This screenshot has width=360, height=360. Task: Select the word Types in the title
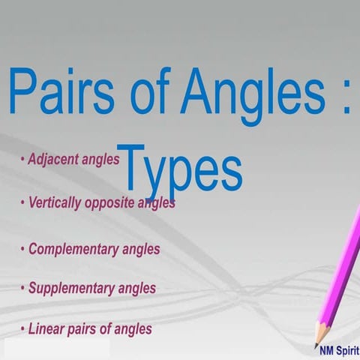click(180, 169)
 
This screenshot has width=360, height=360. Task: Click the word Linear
click(46, 328)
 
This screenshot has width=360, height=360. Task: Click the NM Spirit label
click(334, 349)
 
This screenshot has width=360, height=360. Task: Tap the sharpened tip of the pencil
click(316, 344)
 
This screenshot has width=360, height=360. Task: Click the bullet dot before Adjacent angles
click(23, 160)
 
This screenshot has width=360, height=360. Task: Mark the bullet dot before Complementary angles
click(23, 249)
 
